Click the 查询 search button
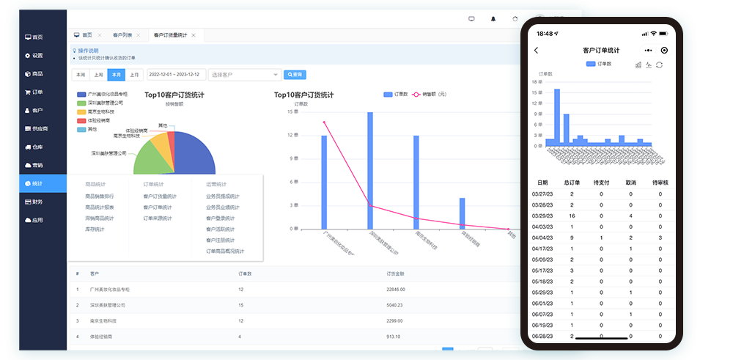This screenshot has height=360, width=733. coord(294,75)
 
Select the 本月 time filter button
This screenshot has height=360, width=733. coord(116,75)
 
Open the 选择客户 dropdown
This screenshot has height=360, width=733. coord(245,75)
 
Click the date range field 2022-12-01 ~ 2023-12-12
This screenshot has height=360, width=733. coord(174,75)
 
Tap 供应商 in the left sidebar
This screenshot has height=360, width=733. coord(39,128)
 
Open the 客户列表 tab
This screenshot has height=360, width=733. coord(122,35)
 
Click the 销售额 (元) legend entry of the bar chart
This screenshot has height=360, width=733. coord(432,95)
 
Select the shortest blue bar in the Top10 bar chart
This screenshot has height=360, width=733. coord(462,213)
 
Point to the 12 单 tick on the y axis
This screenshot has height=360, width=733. coord(292,136)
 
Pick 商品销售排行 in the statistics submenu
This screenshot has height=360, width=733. coord(100,196)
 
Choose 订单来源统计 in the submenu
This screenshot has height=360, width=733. coord(158,218)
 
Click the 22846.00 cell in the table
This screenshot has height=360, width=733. coord(396,289)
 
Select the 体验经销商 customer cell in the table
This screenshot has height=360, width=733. coord(102,337)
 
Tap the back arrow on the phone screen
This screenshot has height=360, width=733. coord(537,51)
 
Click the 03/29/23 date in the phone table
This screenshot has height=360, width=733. coord(542,216)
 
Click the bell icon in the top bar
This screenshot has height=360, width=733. coord(493,18)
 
